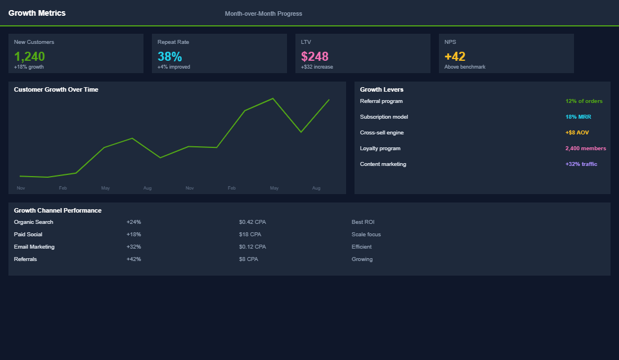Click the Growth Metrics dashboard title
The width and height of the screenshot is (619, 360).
pyautogui.click(x=37, y=13)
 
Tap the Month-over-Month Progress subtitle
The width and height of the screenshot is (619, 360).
pyautogui.click(x=263, y=13)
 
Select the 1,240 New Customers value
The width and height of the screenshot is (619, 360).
pyautogui.click(x=29, y=56)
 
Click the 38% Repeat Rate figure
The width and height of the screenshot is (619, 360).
pyautogui.click(x=169, y=56)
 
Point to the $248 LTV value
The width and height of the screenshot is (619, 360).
pyautogui.click(x=315, y=56)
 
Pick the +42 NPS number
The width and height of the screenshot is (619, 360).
pyautogui.click(x=455, y=56)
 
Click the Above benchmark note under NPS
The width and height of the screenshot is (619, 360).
pyautogui.click(x=465, y=67)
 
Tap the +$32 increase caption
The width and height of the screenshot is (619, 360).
pyautogui.click(x=317, y=67)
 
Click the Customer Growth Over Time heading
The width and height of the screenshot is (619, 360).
pyautogui.click(x=56, y=89)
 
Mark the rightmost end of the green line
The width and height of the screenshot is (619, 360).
pyautogui.click(x=329, y=100)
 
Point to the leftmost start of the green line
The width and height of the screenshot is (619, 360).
pyautogui.click(x=20, y=176)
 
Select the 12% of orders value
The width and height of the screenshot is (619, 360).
pyautogui.click(x=584, y=101)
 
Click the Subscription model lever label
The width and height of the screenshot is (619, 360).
pyautogui.click(x=384, y=117)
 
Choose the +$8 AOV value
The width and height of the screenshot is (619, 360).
pyautogui.click(x=577, y=133)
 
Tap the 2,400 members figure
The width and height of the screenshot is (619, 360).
pyautogui.click(x=585, y=148)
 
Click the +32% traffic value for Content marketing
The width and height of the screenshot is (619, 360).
pyautogui.click(x=581, y=164)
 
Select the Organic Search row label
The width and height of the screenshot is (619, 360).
pyautogui.click(x=34, y=222)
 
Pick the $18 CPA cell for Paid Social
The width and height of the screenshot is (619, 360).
pyautogui.click(x=250, y=235)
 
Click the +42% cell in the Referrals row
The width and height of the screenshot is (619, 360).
pyautogui.click(x=134, y=259)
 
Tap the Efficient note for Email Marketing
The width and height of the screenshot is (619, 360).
pyautogui.click(x=361, y=247)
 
